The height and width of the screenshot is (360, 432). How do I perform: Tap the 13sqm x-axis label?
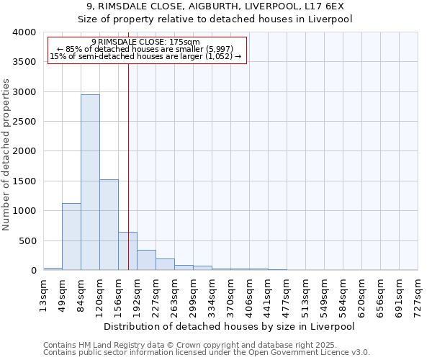tap(44, 294)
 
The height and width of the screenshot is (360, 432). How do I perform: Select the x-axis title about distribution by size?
tap(230, 326)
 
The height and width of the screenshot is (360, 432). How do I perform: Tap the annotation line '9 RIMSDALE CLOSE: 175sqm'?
tap(146, 42)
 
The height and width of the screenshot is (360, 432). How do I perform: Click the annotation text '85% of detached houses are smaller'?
tap(146, 49)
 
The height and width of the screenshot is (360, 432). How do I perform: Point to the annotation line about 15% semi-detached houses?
tap(146, 56)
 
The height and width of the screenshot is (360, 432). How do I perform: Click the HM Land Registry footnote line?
tap(205, 346)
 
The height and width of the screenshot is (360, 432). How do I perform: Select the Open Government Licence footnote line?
tap(207, 353)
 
